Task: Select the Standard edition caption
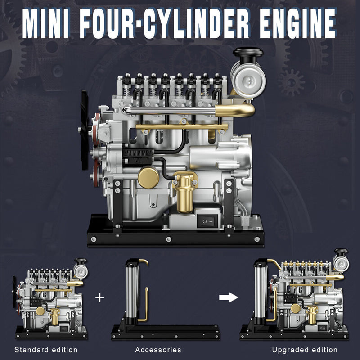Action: pos(46,350)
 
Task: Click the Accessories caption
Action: pos(158,350)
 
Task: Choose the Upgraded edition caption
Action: pos(305,350)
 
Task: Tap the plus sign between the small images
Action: pos(99,298)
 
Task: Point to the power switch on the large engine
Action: pos(206,220)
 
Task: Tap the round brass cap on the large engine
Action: pos(148,177)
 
